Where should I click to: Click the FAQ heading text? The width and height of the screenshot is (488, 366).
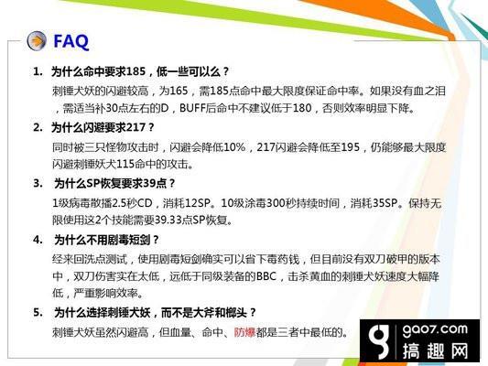pyautogui.click(x=71, y=42)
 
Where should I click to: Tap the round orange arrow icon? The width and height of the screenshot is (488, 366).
pyautogui.click(x=37, y=41)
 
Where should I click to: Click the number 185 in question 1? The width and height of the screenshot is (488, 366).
pyautogui.click(x=136, y=71)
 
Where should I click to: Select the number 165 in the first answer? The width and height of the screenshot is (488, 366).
pyautogui.click(x=179, y=91)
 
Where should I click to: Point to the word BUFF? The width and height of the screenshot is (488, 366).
pyautogui.click(x=192, y=108)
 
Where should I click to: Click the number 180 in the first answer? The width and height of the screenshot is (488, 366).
pyautogui.click(x=302, y=108)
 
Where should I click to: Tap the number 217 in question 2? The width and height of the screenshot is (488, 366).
pyautogui.click(x=136, y=127)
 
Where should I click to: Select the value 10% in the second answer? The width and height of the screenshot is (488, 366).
pyautogui.click(x=234, y=147)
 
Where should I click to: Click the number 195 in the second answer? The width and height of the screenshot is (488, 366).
pyautogui.click(x=351, y=147)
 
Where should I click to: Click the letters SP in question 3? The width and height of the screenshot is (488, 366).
pyautogui.click(x=92, y=184)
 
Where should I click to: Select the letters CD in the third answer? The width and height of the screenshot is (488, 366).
pyautogui.click(x=145, y=203)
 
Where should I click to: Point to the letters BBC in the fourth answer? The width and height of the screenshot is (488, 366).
pyautogui.click(x=266, y=276)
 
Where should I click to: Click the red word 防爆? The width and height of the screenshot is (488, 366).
pyautogui.click(x=244, y=332)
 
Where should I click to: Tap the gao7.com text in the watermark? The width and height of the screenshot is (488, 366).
pyautogui.click(x=435, y=329)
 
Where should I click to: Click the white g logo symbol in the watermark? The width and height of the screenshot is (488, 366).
pyautogui.click(x=378, y=340)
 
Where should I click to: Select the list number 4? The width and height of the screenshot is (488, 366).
pyautogui.click(x=38, y=240)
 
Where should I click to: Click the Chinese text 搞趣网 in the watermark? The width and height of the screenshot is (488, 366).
pyautogui.click(x=435, y=351)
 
